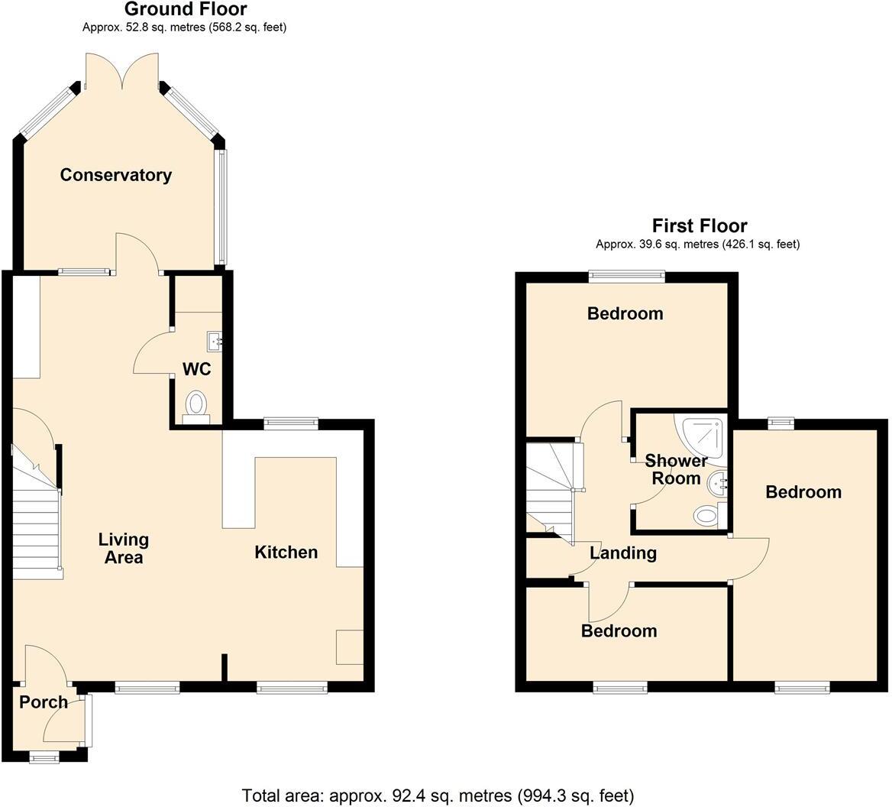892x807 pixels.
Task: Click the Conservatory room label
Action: click(116, 175)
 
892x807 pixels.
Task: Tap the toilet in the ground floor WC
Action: click(196, 403)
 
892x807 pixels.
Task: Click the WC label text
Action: click(196, 370)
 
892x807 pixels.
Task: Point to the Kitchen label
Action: click(286, 553)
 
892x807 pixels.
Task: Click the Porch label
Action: click(44, 702)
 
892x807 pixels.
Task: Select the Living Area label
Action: click(123, 549)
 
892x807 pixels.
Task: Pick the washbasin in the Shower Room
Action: click(718, 482)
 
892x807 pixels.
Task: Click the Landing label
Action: click(623, 553)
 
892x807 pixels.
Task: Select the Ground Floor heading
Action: click(185, 10)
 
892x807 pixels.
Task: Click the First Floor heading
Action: click(699, 225)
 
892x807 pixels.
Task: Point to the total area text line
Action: click(438, 796)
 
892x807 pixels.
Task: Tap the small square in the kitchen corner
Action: click(350, 647)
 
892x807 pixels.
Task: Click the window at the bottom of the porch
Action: click(44, 757)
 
